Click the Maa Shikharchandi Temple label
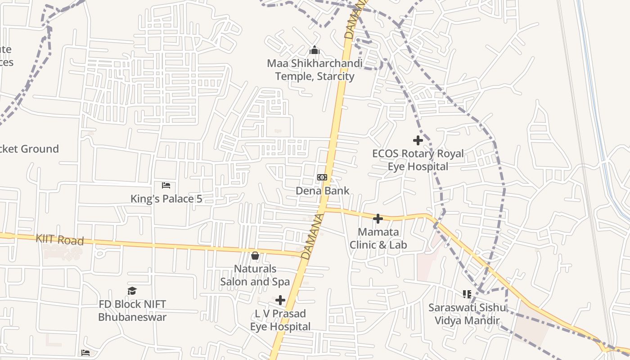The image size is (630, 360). coord(315,70)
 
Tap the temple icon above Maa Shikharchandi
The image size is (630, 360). coord(315,50)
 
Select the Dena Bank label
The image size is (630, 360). coord(322,190)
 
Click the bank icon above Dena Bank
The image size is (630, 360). coord(322,177)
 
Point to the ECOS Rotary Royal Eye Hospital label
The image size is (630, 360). coord(418,160)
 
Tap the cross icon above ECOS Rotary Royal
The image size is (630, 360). coord(418,140)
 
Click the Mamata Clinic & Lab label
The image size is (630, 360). coord(378,238)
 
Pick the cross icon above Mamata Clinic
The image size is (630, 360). coord(378,219)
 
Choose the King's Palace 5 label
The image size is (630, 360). coord(166,198)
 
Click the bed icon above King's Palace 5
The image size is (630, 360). coord(166,185)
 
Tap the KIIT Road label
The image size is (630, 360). coord(60,239)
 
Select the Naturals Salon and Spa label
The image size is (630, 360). coord(255,275)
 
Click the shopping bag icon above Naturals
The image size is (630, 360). coord(255,256)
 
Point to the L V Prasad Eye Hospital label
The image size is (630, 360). coord(280,319)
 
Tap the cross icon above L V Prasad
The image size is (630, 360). coord(280,300)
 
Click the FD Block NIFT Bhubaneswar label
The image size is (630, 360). coord(132,310)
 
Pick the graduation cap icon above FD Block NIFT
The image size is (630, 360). coord(132,291)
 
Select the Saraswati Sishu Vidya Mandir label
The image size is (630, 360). coord(467,314)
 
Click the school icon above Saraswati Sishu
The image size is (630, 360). coord(467,294)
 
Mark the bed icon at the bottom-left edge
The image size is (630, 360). coord(85,352)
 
